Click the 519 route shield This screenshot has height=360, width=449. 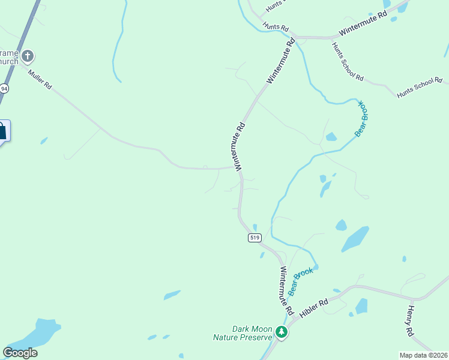pyautogui.click(x=255, y=238)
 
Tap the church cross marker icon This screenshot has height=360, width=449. pyautogui.click(x=27, y=57)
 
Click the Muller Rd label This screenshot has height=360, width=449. pyautogui.click(x=40, y=79)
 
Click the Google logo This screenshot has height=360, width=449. pyautogui.click(x=20, y=353)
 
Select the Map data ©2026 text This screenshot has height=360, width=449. pyautogui.click(x=423, y=355)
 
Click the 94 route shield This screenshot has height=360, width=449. pyautogui.click(x=4, y=89)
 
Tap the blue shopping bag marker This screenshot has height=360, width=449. pyautogui.click(x=2, y=131)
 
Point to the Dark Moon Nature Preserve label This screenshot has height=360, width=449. pyautogui.click(x=243, y=333)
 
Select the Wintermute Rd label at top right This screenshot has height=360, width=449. pyautogui.click(x=363, y=25)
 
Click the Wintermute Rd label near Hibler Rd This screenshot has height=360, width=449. pyautogui.click(x=285, y=291)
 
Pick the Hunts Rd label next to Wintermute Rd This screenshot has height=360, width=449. pyautogui.click(x=276, y=28)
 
